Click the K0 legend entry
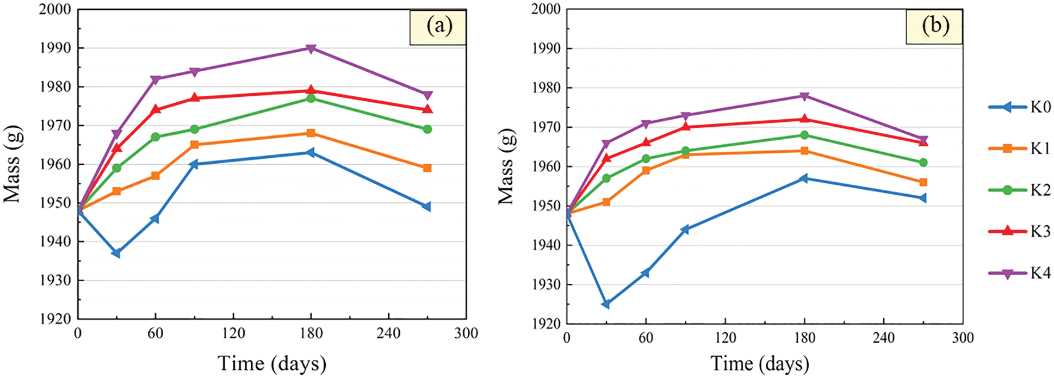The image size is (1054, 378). click(1020, 107)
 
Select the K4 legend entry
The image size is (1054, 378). click(1020, 273)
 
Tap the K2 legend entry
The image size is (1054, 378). click(1020, 190)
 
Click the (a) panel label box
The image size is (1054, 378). click(438, 27)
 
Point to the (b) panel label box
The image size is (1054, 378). click(934, 26)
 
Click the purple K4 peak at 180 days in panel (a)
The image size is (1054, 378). click(311, 48)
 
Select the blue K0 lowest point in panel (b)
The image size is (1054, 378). click(606, 304)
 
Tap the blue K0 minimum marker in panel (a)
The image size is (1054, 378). click(116, 253)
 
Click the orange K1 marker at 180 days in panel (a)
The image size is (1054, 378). click(311, 133)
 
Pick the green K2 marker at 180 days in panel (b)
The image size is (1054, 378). click(804, 135)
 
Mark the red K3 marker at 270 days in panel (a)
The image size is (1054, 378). click(427, 109)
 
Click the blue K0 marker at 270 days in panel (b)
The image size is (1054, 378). click(923, 198)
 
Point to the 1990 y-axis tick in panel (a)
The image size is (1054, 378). click(55, 48)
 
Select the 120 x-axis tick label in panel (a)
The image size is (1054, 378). click(233, 333)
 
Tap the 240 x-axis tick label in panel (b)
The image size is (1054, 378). click(883, 338)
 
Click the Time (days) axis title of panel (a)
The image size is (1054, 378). click(272, 363)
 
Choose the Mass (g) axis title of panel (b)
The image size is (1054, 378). click(506, 166)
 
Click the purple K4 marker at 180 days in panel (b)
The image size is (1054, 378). click(804, 96)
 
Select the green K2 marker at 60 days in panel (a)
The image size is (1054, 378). click(156, 137)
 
